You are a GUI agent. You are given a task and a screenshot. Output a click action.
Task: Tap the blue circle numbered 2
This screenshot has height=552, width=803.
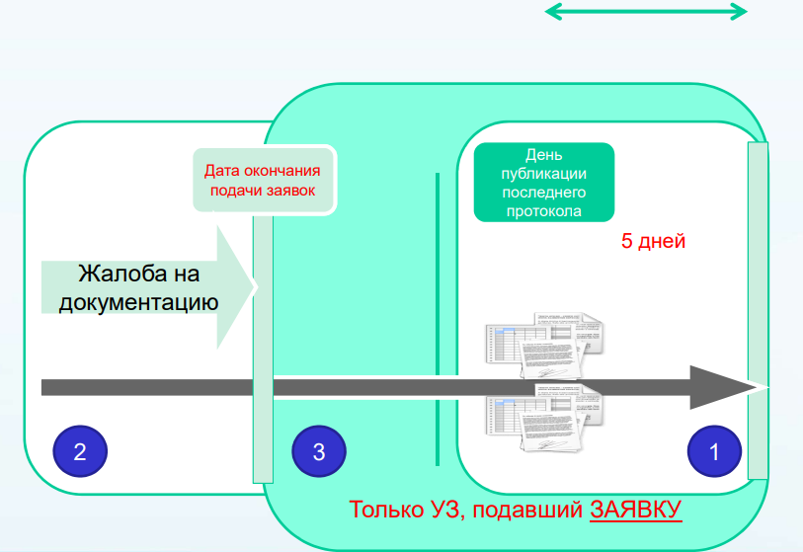[80, 452]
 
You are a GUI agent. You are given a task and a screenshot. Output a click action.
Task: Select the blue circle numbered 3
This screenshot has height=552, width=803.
[318, 452]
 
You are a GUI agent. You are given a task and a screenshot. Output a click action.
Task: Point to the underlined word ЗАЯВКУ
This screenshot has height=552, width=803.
[636, 511]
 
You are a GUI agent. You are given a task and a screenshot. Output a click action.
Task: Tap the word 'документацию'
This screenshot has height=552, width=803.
[138, 301]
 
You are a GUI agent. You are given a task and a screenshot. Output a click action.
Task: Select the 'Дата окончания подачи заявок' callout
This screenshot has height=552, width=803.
[264, 180]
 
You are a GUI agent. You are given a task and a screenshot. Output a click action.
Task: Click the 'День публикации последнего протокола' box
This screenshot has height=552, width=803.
[544, 183]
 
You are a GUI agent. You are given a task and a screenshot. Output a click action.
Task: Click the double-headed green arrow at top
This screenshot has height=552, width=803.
[646, 12]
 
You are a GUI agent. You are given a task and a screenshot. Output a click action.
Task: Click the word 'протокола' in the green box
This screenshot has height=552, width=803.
[544, 210]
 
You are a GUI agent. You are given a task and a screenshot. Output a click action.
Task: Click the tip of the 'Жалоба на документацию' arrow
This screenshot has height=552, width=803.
[255, 287]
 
